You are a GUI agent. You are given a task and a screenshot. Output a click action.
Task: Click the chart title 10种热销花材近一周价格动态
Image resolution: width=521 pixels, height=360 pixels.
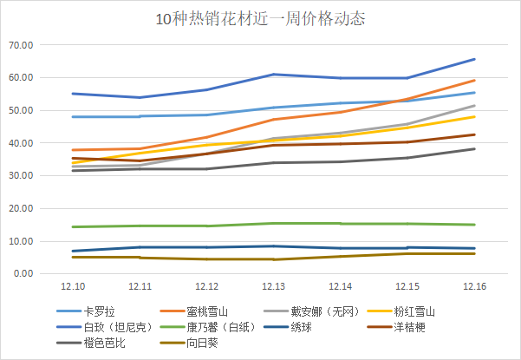260,18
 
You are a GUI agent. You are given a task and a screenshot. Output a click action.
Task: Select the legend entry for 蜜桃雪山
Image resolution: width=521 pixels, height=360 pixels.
209,311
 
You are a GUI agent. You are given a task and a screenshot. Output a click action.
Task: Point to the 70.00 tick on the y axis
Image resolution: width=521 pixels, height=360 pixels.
20,45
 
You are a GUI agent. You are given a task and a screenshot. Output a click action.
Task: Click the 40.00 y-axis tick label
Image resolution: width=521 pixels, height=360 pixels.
20,143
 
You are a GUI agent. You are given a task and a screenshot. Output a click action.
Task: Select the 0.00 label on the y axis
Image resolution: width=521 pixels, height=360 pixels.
23,274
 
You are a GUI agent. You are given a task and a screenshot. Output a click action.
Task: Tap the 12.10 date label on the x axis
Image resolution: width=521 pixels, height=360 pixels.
73,286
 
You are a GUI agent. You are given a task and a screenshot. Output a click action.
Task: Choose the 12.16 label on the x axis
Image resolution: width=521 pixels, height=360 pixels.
474,286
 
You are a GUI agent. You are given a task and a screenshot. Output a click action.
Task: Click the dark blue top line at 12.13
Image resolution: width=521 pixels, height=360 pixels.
273,75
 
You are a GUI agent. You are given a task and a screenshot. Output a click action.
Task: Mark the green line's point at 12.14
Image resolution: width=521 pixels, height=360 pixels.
340,224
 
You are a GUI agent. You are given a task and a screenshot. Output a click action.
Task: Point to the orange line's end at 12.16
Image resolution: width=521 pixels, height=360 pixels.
474,80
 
